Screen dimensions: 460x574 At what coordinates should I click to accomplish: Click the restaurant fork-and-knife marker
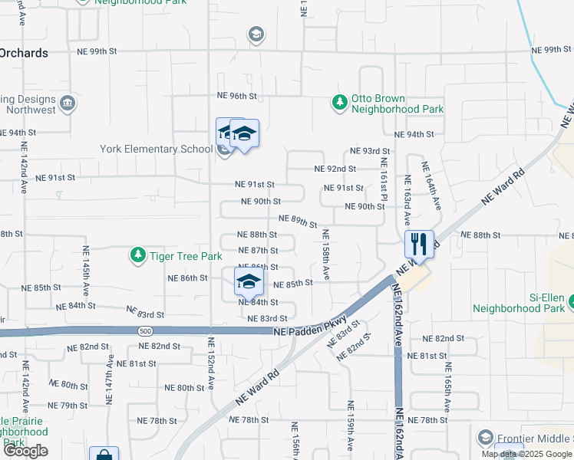[x=419, y=245]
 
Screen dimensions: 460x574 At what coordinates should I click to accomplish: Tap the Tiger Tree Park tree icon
[x=137, y=255]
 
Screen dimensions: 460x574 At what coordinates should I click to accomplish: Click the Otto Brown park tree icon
[x=338, y=101]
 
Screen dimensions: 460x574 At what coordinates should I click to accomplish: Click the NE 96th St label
[x=236, y=96]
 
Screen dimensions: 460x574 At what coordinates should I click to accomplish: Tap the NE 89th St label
[x=298, y=221]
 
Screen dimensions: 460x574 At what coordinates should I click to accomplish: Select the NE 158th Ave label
[x=325, y=254]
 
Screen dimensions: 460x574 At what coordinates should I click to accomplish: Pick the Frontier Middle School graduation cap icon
[x=485, y=438]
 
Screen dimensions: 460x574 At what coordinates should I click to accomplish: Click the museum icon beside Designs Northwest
[x=68, y=103]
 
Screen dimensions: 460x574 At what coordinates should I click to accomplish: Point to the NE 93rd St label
[x=370, y=151]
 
